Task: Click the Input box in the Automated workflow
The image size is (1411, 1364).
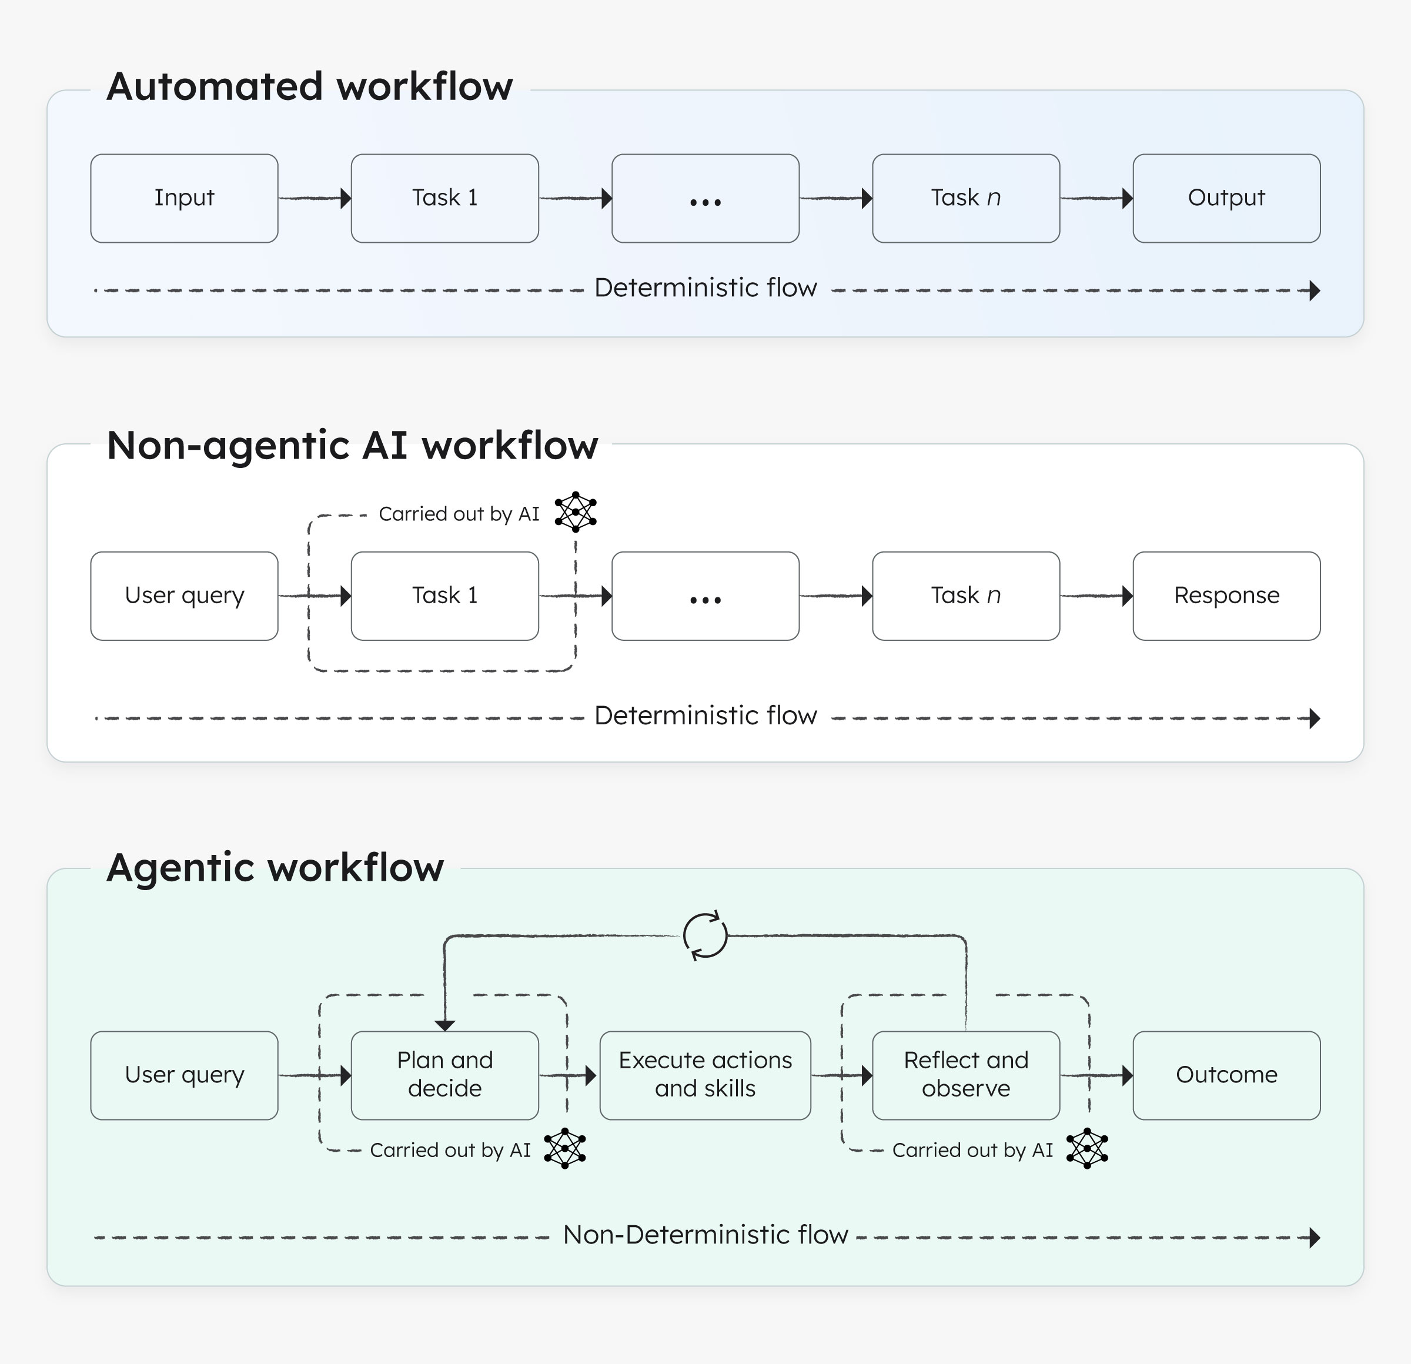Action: coord(184,198)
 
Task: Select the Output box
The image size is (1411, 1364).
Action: coord(1226,198)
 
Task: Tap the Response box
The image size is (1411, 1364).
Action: coord(1226,596)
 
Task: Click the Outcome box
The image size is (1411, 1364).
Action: coord(1226,1075)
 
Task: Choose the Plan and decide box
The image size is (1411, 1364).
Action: coord(444,1075)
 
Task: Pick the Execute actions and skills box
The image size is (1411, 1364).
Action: coord(705,1075)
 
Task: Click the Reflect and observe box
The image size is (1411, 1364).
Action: coord(965,1075)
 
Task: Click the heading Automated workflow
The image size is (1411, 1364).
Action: coord(310,86)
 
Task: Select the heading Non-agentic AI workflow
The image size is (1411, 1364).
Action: coord(352,445)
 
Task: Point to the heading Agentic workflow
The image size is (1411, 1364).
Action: coord(275,867)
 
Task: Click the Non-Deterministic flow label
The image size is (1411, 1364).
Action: coord(705,1235)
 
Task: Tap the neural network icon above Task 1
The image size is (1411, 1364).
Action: coord(575,511)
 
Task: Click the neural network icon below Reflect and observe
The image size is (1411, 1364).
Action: coord(1086,1148)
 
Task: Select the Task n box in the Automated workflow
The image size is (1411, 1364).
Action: coord(965,198)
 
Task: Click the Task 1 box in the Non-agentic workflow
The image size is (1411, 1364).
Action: coord(444,596)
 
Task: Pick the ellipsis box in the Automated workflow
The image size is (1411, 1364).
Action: coord(705,198)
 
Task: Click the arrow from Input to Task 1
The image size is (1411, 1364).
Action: coord(315,198)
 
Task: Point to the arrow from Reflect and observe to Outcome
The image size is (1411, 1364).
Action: coord(1096,1076)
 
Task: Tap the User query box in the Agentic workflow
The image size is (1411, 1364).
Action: coord(184,1075)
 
